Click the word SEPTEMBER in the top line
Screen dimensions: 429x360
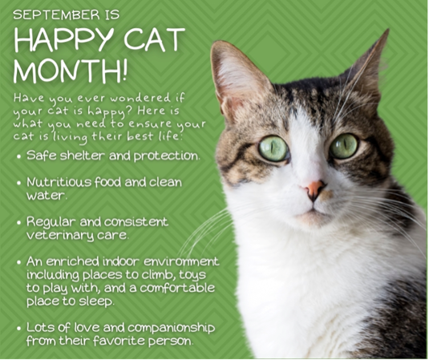[56, 14]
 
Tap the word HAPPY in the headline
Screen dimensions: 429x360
[64, 39]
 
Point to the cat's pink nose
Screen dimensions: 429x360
[314, 188]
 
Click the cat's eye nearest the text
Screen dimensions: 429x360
[273, 148]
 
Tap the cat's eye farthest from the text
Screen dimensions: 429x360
[344, 146]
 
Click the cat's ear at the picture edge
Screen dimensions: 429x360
[366, 66]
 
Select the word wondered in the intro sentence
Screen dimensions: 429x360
[140, 98]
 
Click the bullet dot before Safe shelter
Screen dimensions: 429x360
[19, 157]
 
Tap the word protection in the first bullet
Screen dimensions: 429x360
[166, 156]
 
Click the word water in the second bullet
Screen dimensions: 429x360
[46, 196]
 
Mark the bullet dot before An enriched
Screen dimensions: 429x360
[19, 263]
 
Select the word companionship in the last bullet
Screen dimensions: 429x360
[171, 328]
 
